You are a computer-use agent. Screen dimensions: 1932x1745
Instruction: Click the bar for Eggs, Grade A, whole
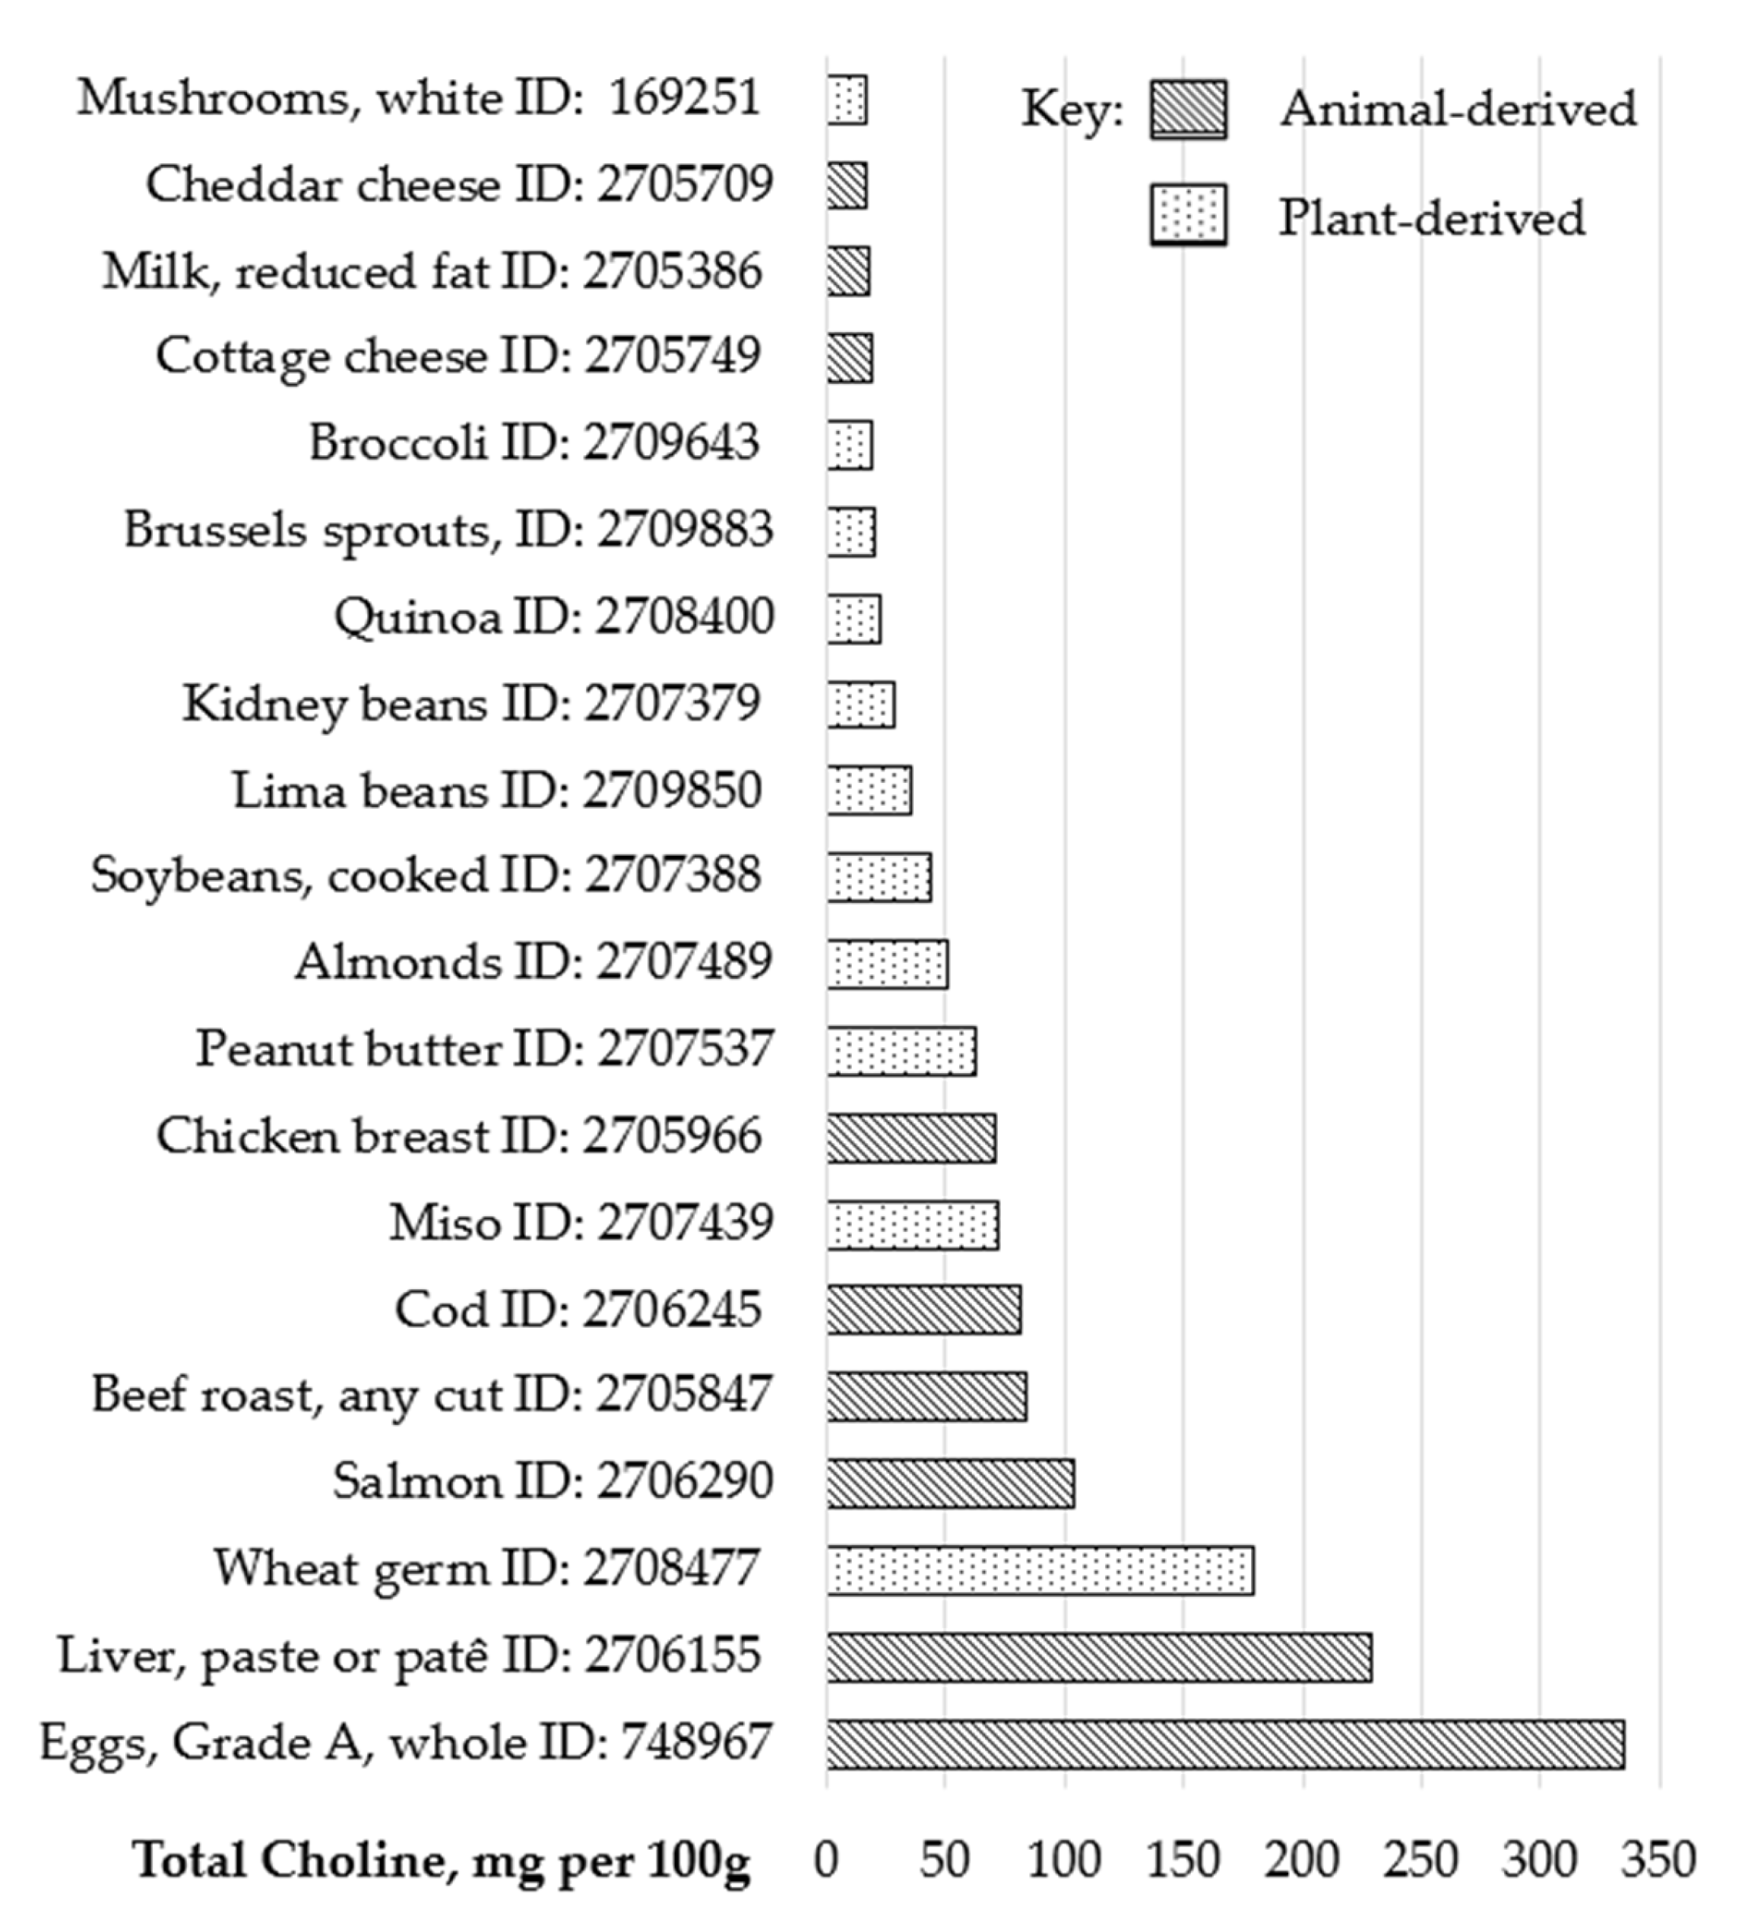(x=1224, y=1744)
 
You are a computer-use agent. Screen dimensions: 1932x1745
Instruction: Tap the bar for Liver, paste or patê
(x=1098, y=1658)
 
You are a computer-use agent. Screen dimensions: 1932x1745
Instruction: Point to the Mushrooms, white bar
(x=847, y=100)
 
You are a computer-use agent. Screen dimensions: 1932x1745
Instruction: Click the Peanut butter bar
(x=901, y=1051)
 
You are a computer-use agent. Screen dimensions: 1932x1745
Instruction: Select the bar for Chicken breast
(x=911, y=1139)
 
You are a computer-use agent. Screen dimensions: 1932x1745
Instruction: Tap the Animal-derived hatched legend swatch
(x=1187, y=109)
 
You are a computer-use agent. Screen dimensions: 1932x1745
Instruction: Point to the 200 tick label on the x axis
(x=1301, y=1860)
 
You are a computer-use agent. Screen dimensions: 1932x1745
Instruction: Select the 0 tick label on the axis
(x=826, y=1860)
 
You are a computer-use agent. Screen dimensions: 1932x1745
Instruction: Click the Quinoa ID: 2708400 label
(x=554, y=616)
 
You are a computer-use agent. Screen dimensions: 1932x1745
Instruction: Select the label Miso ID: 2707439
(x=581, y=1224)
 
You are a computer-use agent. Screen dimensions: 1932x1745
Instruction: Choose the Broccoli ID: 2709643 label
(x=534, y=444)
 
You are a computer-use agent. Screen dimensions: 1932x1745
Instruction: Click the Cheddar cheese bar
(x=847, y=186)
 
